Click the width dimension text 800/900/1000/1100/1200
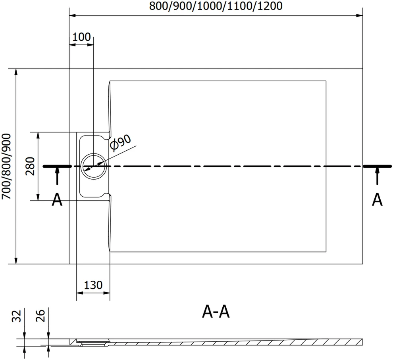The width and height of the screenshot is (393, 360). pyautogui.click(x=216, y=6)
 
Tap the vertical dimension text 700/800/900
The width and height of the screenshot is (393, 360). pyautogui.click(x=6, y=167)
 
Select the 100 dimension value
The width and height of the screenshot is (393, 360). pyautogui.click(x=81, y=37)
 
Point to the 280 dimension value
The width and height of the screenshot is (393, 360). pyautogui.click(x=30, y=166)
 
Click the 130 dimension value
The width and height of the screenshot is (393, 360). pyautogui.click(x=93, y=285)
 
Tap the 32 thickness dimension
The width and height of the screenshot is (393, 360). pyautogui.click(x=16, y=316)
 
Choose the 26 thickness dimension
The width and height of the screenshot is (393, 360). pyautogui.click(x=40, y=316)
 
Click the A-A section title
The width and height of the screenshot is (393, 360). pyautogui.click(x=216, y=312)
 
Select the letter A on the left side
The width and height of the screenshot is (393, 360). pyautogui.click(x=57, y=200)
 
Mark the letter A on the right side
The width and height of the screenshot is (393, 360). pyautogui.click(x=377, y=200)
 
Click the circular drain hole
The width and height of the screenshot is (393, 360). pyautogui.click(x=93, y=166)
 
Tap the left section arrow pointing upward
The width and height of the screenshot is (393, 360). pyautogui.click(x=57, y=176)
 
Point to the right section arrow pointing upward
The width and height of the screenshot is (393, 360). pyautogui.click(x=378, y=176)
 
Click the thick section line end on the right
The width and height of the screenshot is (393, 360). pyautogui.click(x=377, y=166)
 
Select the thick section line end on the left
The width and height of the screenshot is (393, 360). pyautogui.click(x=58, y=166)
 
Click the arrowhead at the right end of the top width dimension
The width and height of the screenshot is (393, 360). pyautogui.click(x=359, y=16)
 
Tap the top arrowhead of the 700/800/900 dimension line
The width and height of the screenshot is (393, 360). pyautogui.click(x=16, y=72)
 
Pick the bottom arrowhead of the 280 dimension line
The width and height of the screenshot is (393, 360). pyautogui.click(x=38, y=197)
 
